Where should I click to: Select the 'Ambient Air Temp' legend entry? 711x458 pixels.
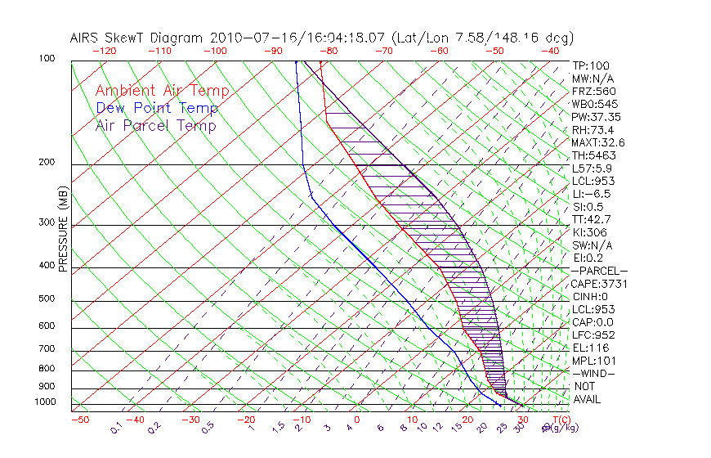[162, 91]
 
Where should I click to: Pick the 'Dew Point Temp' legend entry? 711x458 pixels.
[157, 108]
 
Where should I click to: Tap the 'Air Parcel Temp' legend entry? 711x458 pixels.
[156, 125]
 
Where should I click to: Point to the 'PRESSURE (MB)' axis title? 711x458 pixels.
[64, 230]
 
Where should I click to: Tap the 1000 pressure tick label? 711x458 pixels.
[46, 402]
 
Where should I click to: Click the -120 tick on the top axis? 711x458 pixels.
[104, 51]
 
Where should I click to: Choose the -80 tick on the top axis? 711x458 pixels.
[329, 51]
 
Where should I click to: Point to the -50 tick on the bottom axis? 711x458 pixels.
[80, 420]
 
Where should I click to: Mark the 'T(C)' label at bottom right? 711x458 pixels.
[560, 420]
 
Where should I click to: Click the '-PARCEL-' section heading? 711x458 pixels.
[600, 271]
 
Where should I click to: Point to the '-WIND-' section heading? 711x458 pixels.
[594, 373]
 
